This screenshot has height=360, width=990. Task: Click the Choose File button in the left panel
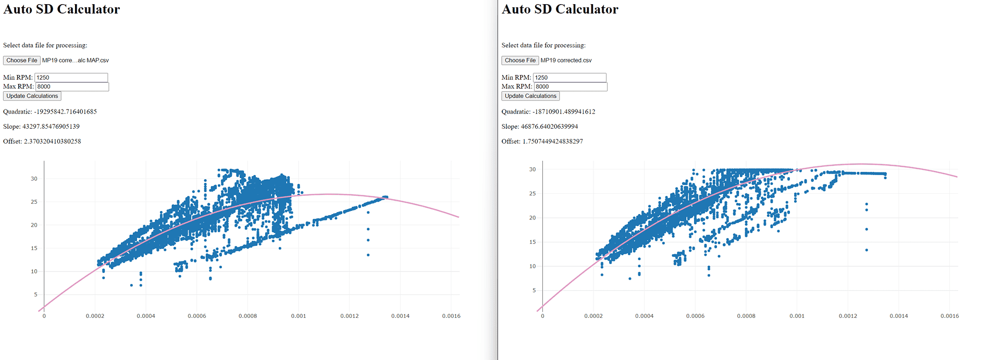tap(22, 60)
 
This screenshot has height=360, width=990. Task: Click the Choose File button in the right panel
tap(520, 60)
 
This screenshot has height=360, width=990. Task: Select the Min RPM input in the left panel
tap(71, 78)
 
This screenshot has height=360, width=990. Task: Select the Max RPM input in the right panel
tap(571, 86)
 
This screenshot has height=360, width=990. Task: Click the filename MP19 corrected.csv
tap(566, 60)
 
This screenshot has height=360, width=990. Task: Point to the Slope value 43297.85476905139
tap(51, 127)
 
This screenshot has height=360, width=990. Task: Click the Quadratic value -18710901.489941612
tap(564, 111)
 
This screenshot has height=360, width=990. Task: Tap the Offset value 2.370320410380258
tap(53, 141)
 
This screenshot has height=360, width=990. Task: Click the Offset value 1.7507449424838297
tap(553, 141)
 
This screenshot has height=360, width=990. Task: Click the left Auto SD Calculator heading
tap(61, 9)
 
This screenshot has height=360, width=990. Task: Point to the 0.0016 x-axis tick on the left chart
tap(451, 316)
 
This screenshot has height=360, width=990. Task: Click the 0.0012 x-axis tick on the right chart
tap(848, 316)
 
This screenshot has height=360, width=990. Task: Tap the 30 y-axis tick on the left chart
tap(34, 179)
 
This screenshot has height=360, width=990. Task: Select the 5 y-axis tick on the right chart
tap(534, 290)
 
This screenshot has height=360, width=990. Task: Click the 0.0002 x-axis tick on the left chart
tap(95, 316)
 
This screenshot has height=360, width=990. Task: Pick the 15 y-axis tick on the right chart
tap(533, 242)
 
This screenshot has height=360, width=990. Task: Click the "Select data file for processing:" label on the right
tap(543, 45)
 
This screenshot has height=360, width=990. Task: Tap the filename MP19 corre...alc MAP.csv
tap(76, 60)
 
